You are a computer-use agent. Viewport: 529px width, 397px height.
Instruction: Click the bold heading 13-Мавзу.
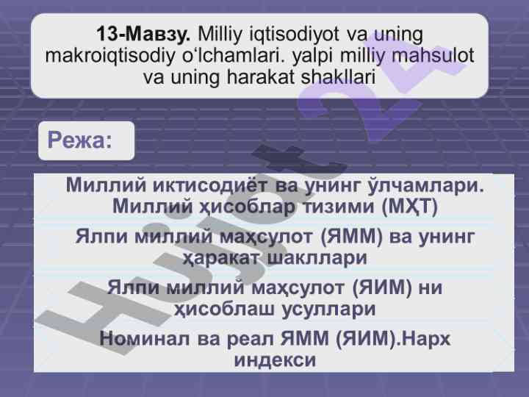tap(143, 34)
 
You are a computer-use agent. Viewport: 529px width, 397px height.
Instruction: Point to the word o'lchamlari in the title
tap(233, 56)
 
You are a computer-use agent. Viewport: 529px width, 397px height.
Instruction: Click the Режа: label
tap(79, 140)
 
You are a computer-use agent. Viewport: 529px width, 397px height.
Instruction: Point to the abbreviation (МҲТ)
tap(409, 207)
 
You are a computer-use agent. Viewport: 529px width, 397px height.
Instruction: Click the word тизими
tap(339, 207)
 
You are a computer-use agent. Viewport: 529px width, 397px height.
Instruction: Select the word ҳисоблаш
tap(224, 310)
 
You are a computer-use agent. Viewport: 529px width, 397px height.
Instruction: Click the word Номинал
tap(145, 339)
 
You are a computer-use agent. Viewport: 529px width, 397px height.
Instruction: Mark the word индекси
tap(275, 360)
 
